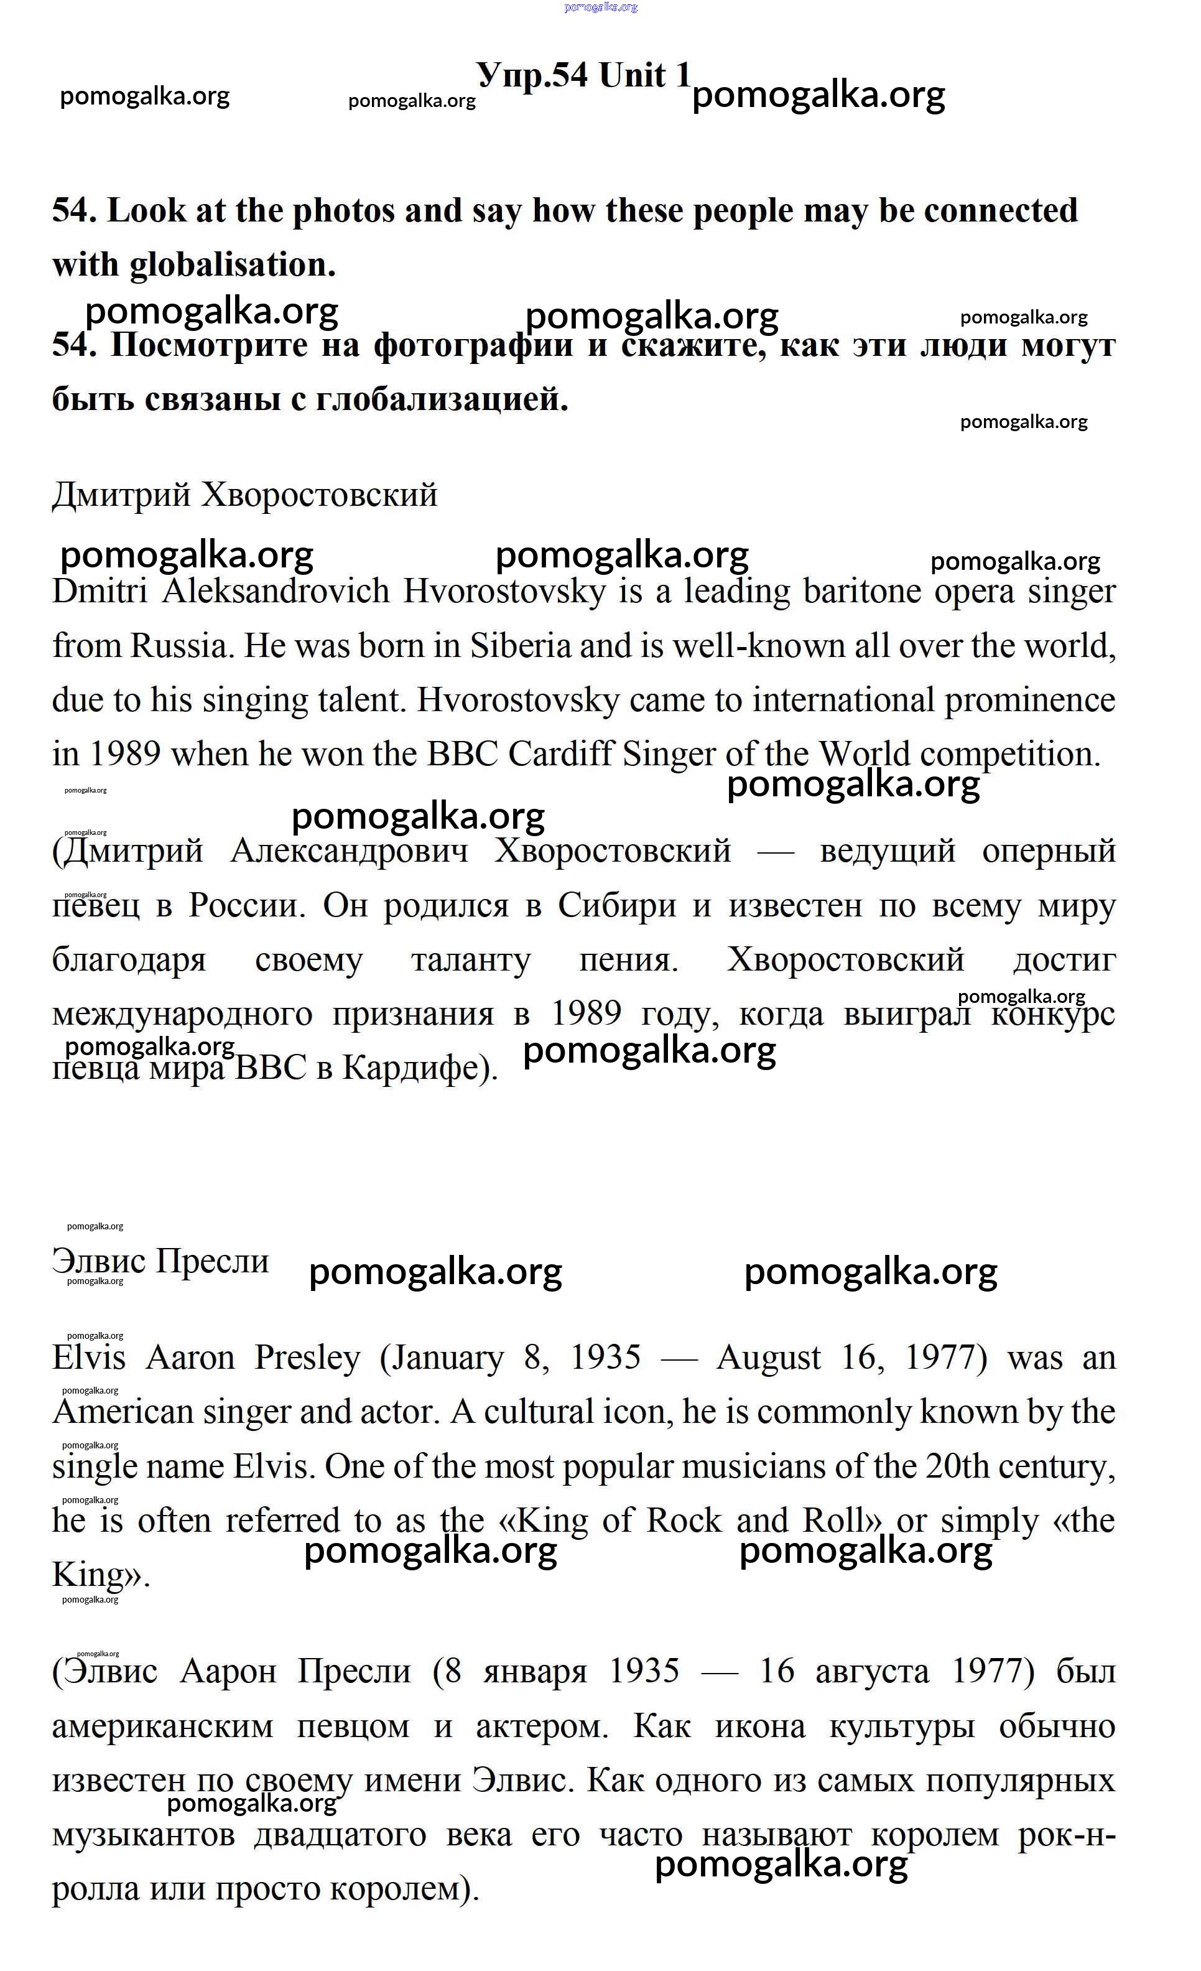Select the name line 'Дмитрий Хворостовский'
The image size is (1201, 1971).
click(x=244, y=495)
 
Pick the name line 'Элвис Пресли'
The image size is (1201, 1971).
click(x=160, y=1262)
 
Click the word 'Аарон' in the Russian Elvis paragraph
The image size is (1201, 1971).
click(x=227, y=1672)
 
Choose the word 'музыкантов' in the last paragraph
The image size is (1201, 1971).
click(x=143, y=1834)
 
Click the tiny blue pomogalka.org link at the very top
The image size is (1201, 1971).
click(x=601, y=7)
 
